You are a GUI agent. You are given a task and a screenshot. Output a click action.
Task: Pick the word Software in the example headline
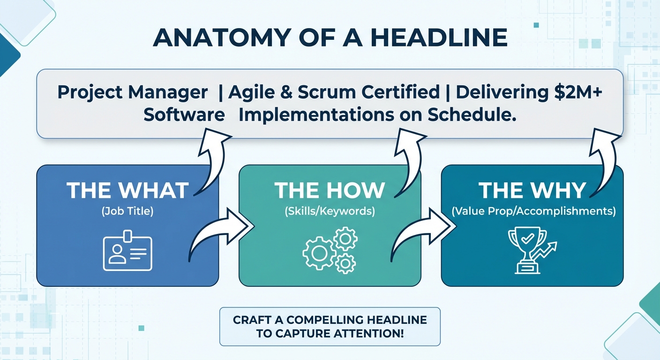(x=184, y=114)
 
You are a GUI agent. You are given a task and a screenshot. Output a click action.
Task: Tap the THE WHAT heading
(x=127, y=190)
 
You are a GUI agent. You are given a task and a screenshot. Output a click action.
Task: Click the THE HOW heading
(x=330, y=190)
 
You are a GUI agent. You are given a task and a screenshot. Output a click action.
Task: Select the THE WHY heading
(x=532, y=190)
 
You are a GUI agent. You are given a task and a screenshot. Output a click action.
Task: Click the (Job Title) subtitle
(x=127, y=211)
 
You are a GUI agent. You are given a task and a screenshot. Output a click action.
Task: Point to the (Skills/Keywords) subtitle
(x=330, y=211)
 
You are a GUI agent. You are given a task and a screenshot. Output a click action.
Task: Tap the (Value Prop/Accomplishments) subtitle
(x=533, y=211)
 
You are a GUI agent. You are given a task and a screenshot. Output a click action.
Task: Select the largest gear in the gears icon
(x=319, y=253)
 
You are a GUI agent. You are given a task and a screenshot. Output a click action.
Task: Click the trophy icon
(x=527, y=250)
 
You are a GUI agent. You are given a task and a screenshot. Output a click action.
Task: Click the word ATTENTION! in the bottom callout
(x=368, y=333)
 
